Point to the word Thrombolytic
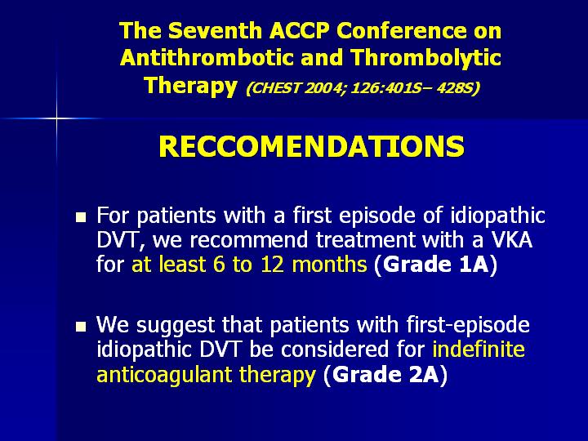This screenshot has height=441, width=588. [x=426, y=59]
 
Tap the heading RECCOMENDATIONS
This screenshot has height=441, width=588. [x=312, y=146]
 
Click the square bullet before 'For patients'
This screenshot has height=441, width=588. [x=81, y=217]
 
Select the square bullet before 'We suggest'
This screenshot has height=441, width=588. [x=81, y=327]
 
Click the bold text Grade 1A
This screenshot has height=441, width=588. [x=436, y=265]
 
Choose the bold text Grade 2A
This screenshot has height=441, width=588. [x=385, y=374]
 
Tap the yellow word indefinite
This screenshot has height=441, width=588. [x=479, y=350]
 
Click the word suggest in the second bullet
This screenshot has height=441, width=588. [x=176, y=326]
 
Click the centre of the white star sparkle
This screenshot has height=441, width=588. [x=56, y=119]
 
